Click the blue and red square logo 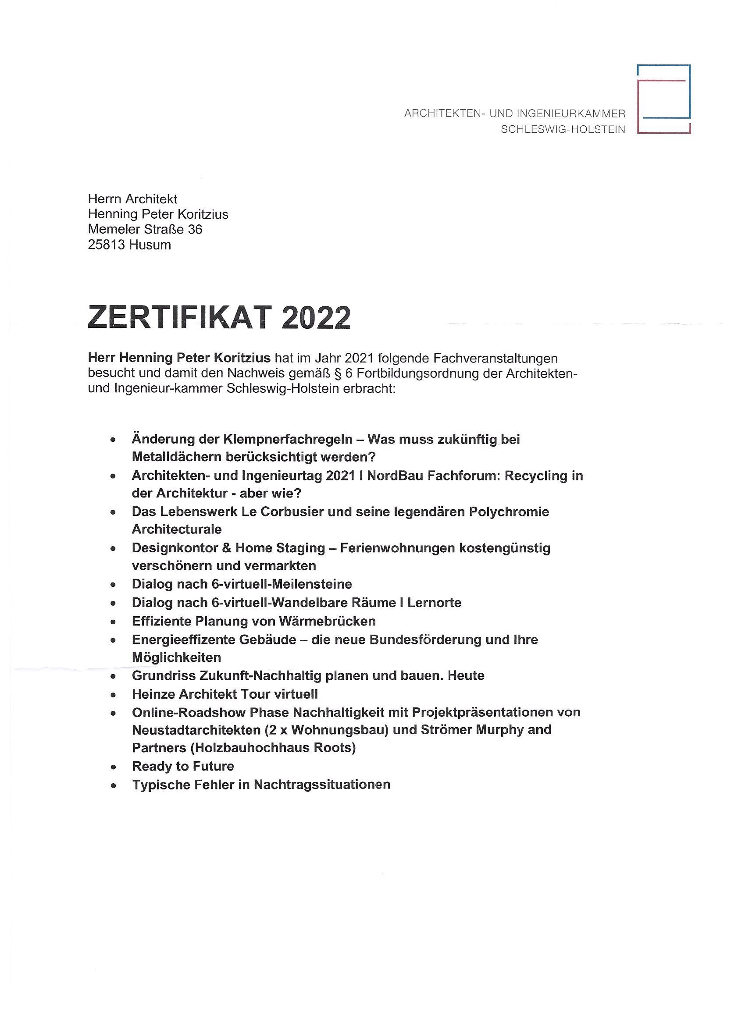pyautogui.click(x=663, y=99)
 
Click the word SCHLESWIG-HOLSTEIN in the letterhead pyautogui.click(x=563, y=130)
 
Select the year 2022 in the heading pyautogui.click(x=316, y=318)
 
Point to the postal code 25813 pyautogui.click(x=107, y=245)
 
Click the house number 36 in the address pyautogui.click(x=195, y=230)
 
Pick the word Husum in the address pyautogui.click(x=150, y=245)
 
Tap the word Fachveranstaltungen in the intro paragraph pyautogui.click(x=495, y=358)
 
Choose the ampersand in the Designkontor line pyautogui.click(x=227, y=548)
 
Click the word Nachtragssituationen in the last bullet pyautogui.click(x=322, y=785)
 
